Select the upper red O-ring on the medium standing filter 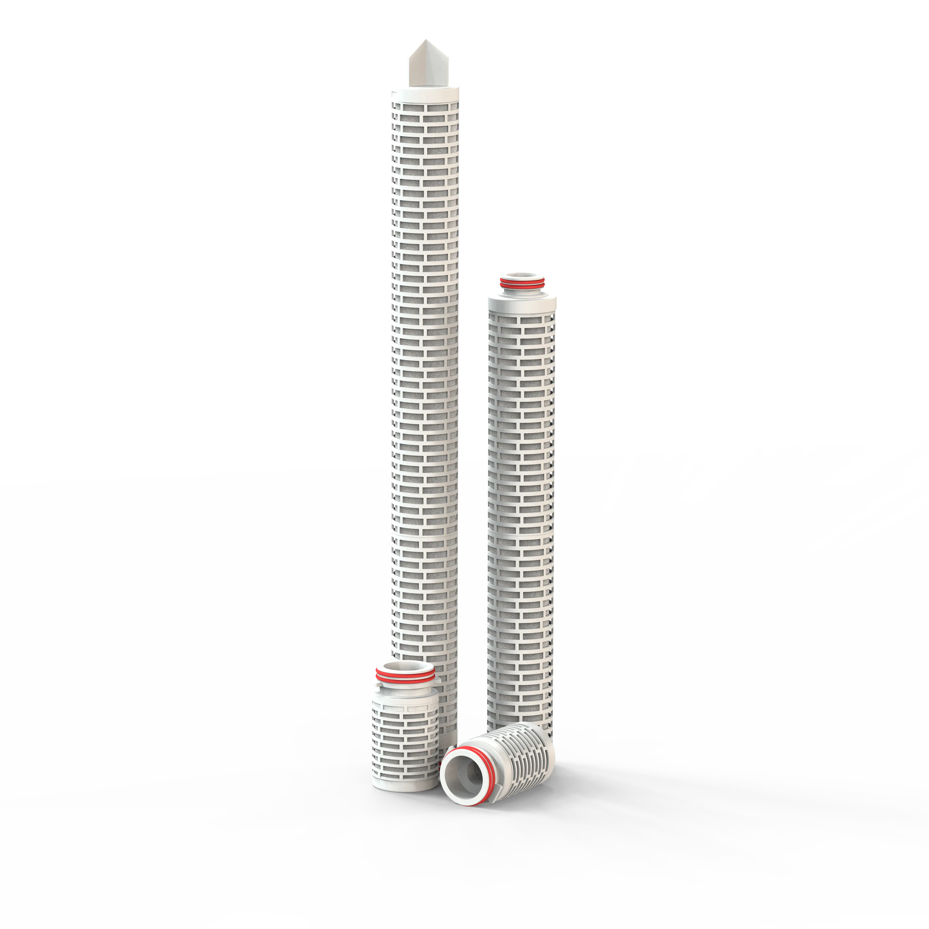522,280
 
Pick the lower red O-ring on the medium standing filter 522,287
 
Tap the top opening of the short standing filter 405,667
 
